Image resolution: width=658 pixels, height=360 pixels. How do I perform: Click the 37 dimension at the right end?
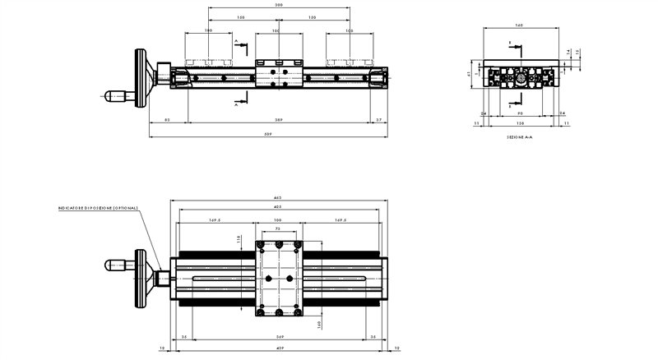click(x=378, y=120)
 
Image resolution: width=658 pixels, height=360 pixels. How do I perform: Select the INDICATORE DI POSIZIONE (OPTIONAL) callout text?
click(x=98, y=208)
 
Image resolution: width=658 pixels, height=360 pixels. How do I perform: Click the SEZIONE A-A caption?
click(x=521, y=137)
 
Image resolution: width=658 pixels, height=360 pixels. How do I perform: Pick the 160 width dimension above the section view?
click(x=520, y=26)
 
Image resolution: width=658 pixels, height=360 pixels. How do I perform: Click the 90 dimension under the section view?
click(x=521, y=113)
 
